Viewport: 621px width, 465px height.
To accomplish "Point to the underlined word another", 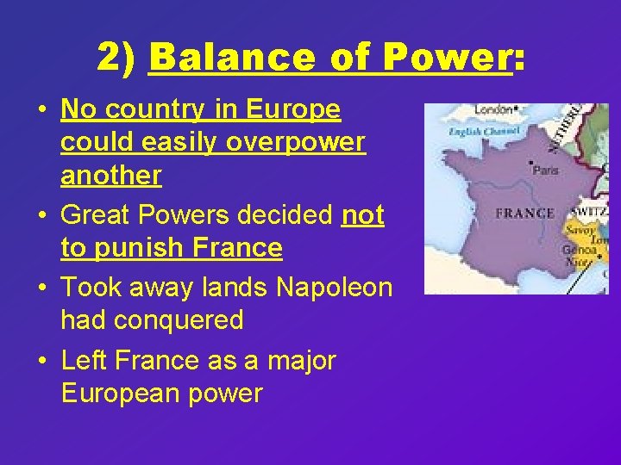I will click(x=110, y=175).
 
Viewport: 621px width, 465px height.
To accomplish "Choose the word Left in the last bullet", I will click(x=84, y=360).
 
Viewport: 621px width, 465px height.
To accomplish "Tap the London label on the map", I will click(x=493, y=110).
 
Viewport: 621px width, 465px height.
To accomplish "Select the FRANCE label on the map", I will click(x=524, y=213).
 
